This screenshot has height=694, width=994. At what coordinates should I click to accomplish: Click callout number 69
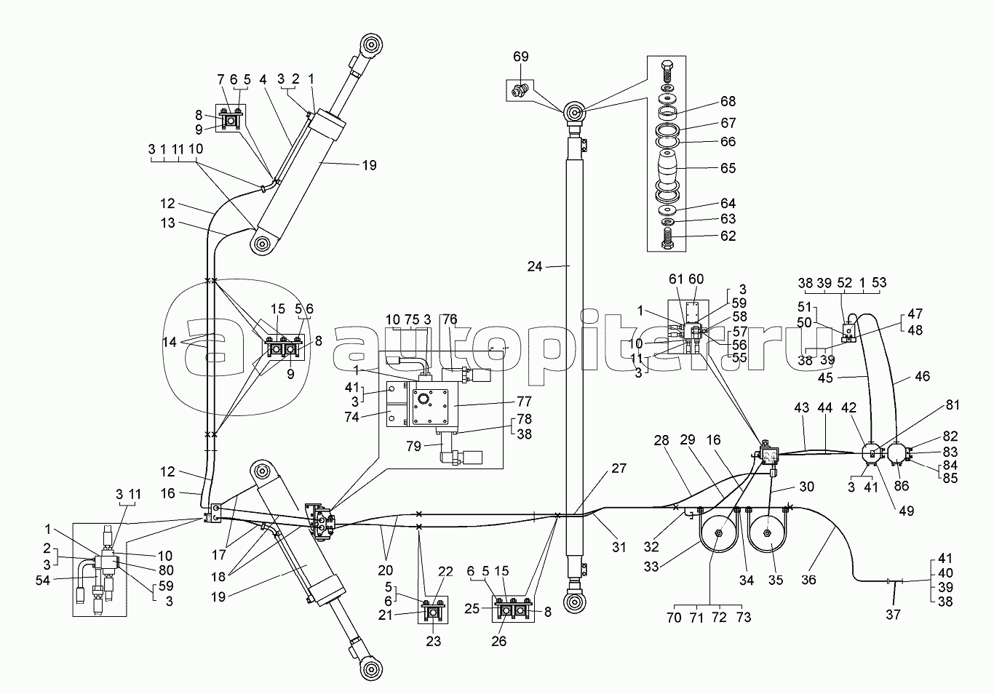[x=520, y=57]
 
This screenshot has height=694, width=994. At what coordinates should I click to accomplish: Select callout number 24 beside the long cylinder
[x=536, y=267]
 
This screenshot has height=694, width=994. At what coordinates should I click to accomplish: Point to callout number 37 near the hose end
[x=893, y=615]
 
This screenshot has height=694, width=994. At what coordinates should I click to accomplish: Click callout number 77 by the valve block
[x=524, y=401]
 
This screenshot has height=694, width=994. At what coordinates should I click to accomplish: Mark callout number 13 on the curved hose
[x=168, y=223]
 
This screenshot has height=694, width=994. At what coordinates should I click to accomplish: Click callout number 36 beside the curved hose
[x=808, y=580]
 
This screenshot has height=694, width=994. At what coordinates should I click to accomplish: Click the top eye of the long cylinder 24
[x=574, y=113]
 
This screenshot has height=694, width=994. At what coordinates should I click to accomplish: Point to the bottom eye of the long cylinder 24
[x=574, y=601]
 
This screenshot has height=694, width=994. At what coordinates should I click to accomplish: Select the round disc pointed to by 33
[x=717, y=537]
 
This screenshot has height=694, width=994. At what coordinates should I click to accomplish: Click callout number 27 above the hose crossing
[x=619, y=468]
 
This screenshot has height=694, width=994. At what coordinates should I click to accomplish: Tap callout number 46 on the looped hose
[x=922, y=378]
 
